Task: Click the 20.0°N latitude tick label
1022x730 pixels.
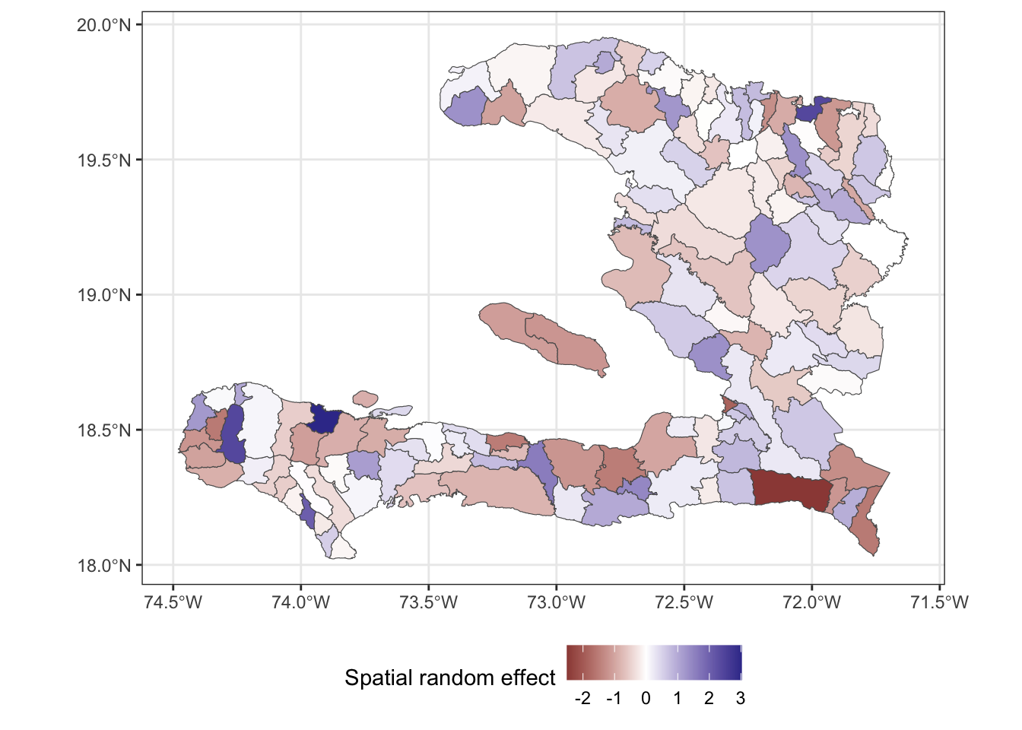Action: click(x=104, y=25)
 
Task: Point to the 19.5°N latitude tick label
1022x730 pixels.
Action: click(x=104, y=160)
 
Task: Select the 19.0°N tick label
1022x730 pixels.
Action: click(x=104, y=295)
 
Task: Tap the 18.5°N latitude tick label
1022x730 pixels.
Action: click(x=104, y=430)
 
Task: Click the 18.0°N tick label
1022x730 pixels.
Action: click(x=104, y=566)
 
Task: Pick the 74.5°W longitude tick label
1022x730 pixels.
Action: click(x=173, y=603)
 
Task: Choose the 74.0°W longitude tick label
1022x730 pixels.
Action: click(x=301, y=603)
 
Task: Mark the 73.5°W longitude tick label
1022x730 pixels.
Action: click(x=429, y=603)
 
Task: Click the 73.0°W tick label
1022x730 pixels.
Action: click(x=557, y=603)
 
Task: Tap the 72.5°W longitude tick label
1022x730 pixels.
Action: click(x=684, y=603)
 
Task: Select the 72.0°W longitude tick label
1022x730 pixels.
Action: click(x=812, y=603)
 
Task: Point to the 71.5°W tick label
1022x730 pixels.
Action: click(x=940, y=603)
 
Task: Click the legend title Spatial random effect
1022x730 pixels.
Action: click(x=450, y=678)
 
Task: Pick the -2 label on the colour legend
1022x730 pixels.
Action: click(x=582, y=698)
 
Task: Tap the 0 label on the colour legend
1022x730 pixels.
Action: click(x=646, y=698)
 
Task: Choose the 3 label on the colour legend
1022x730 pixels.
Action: click(x=741, y=698)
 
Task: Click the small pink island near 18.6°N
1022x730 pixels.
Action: click(x=366, y=398)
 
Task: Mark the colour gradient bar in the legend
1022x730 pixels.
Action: click(x=654, y=662)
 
